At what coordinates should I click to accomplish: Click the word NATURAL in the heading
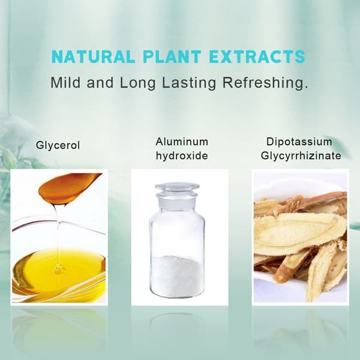(x=93, y=57)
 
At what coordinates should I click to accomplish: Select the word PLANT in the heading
(x=172, y=57)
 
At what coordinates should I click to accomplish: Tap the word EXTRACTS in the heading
(x=257, y=57)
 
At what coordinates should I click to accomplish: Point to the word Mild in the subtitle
(x=65, y=82)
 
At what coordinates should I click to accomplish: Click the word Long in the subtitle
(x=138, y=83)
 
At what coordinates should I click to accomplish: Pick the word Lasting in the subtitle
(x=189, y=83)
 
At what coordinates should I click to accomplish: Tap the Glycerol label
(x=58, y=146)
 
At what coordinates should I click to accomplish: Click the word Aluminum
(x=182, y=142)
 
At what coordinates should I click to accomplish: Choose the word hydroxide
(x=182, y=156)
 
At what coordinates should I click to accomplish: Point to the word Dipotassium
(x=299, y=142)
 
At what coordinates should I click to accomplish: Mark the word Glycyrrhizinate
(x=301, y=156)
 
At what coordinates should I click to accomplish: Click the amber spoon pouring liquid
(x=70, y=188)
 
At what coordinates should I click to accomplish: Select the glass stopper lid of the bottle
(x=177, y=190)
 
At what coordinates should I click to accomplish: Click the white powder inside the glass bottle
(x=177, y=275)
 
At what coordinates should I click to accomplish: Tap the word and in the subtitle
(x=100, y=82)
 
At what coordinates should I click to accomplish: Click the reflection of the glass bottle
(x=177, y=326)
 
